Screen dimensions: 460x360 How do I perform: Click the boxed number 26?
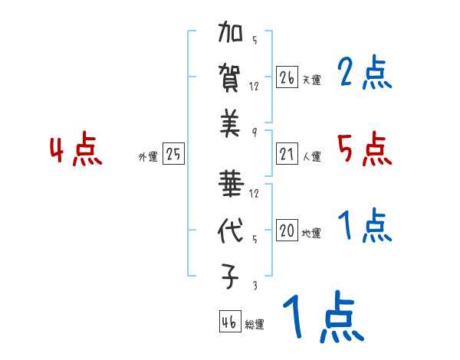287,77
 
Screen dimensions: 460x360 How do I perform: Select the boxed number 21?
287,155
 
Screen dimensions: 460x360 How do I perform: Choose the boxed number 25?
173,155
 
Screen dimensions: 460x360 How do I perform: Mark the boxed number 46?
228,322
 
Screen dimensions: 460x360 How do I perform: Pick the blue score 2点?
365,74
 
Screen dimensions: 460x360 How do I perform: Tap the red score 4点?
77,151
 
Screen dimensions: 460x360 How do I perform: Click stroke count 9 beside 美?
254,133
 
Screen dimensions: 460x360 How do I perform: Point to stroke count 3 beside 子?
254,286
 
